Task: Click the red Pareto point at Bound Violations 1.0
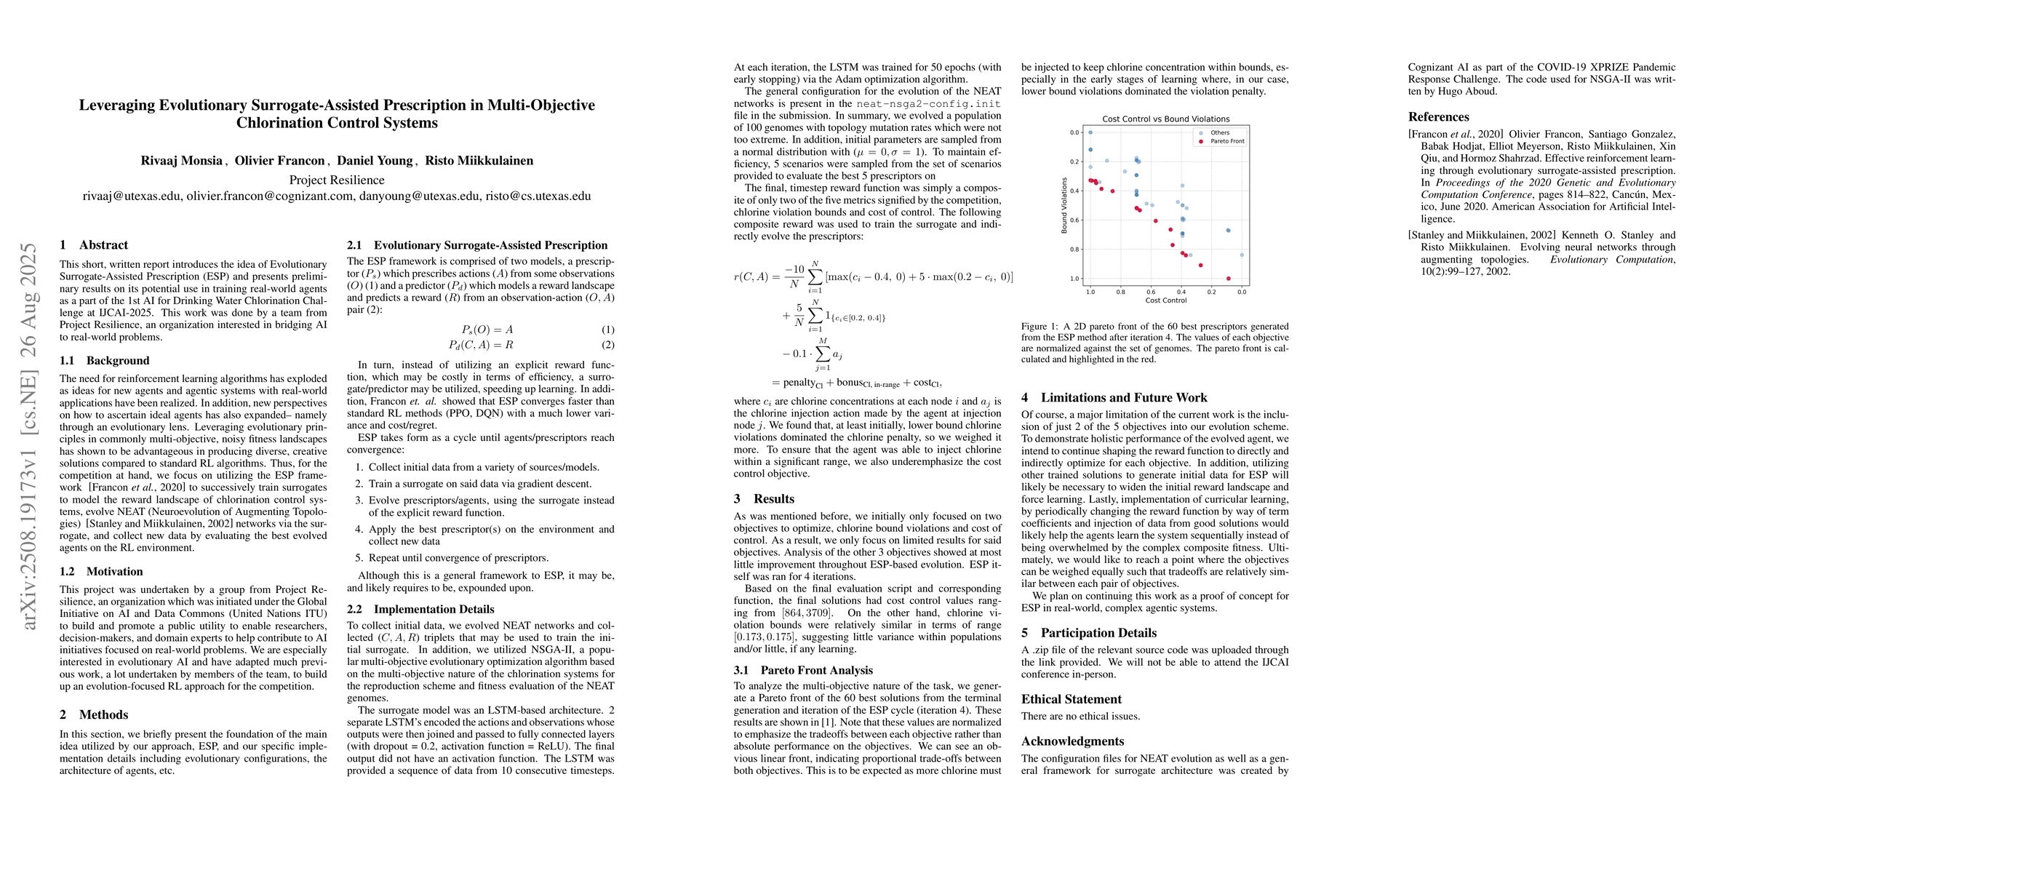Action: pyautogui.click(x=1228, y=278)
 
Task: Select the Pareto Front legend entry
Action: pyautogui.click(x=1227, y=141)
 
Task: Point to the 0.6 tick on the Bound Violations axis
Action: pyautogui.click(x=1074, y=220)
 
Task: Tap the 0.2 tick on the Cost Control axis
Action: pyautogui.click(x=1212, y=291)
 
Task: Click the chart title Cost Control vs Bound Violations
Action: pyautogui.click(x=1165, y=119)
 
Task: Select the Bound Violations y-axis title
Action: pyautogui.click(x=1064, y=205)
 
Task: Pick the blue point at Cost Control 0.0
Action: pyautogui.click(x=1242, y=255)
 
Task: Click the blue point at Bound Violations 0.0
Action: pyautogui.click(x=1090, y=132)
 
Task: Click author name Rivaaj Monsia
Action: pyautogui.click(x=181, y=161)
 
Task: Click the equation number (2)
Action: pyautogui.click(x=608, y=345)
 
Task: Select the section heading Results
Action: pyautogui.click(x=773, y=498)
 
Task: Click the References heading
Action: pyautogui.click(x=1438, y=117)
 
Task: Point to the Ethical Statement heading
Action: pyautogui.click(x=1072, y=698)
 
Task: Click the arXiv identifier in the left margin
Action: pyautogui.click(x=29, y=436)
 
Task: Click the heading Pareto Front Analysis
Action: pyautogui.click(x=816, y=671)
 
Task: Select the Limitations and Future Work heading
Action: pyautogui.click(x=1124, y=397)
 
